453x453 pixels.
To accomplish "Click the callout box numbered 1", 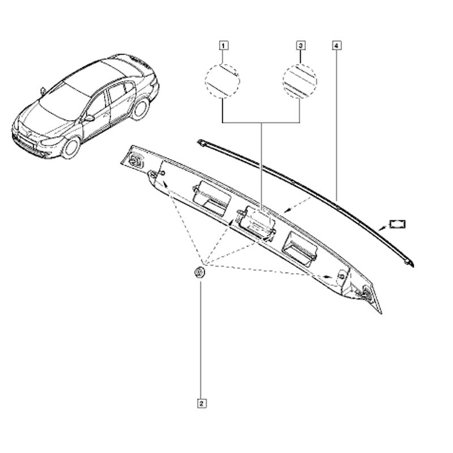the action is [x=224, y=46].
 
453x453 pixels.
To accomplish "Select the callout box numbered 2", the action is [x=202, y=403].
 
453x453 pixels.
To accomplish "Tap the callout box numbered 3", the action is [x=301, y=46].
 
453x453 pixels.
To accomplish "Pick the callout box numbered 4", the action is [x=337, y=46].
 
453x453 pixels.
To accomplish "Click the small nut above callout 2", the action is [x=199, y=273].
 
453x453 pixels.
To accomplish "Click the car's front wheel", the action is [x=70, y=148].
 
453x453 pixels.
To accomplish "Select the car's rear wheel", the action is [x=140, y=109].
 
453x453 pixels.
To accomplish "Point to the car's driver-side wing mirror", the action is [x=89, y=118].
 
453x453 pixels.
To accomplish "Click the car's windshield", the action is [x=63, y=102].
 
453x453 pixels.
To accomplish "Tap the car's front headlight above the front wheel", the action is [x=52, y=141].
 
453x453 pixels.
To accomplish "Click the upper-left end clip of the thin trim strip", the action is [x=202, y=143].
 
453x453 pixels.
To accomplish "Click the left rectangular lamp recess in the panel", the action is [x=212, y=198].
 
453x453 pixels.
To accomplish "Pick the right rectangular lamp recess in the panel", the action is [x=301, y=248].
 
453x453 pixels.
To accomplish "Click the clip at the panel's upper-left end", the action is [x=135, y=160].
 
